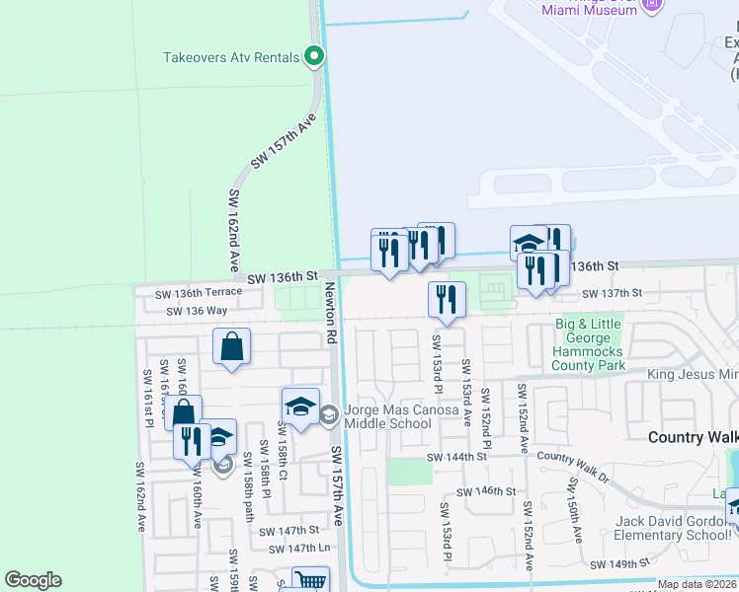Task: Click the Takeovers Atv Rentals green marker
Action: click(x=314, y=57)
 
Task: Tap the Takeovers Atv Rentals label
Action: click(x=231, y=57)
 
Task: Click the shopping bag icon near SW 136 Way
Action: click(x=231, y=347)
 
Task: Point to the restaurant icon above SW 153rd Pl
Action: click(x=447, y=299)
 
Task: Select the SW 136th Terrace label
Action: click(x=198, y=293)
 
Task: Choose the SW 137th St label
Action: click(x=612, y=293)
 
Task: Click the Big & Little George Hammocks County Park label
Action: click(x=591, y=344)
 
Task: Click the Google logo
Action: click(x=33, y=580)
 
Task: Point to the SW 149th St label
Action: click(x=620, y=564)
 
